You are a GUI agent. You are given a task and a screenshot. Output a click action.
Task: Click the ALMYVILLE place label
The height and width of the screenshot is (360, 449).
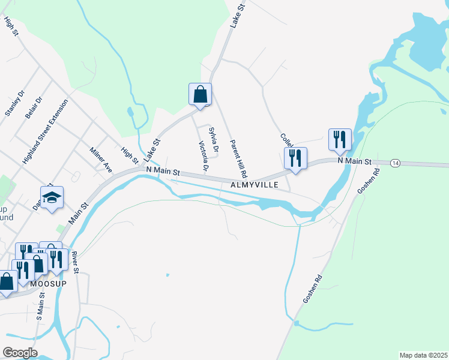pos(255,185)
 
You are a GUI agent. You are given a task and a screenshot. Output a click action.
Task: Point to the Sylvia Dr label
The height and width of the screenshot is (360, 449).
pos(212,139)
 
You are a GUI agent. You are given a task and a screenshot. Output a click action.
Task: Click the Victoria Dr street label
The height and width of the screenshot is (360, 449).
pos(203,156)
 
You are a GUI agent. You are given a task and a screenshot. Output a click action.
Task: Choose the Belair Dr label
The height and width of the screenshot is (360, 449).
pos(34,108)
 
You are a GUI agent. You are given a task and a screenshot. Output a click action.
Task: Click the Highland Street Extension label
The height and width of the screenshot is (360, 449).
pos(46,132)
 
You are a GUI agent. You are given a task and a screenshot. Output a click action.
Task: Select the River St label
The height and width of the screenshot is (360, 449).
pos(75,262)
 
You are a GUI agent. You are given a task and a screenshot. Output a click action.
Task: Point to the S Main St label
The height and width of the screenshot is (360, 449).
pos(40,305)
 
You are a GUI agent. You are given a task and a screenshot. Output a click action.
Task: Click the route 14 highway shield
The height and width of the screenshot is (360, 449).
pos(394,163)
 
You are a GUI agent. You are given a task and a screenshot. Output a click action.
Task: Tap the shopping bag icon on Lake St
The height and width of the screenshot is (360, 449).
pos(200,94)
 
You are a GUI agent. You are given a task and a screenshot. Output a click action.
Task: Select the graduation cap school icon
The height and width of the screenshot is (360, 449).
pos(52,197)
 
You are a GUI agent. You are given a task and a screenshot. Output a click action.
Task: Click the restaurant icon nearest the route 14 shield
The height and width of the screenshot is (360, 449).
pos(340,140)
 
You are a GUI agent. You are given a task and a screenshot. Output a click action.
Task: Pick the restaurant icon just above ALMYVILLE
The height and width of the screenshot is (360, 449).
pos(295,159)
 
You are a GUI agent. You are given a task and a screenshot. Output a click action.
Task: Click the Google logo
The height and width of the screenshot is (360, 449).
pos(20,353)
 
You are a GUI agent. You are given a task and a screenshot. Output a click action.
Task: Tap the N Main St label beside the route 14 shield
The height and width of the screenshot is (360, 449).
pos(355,161)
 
